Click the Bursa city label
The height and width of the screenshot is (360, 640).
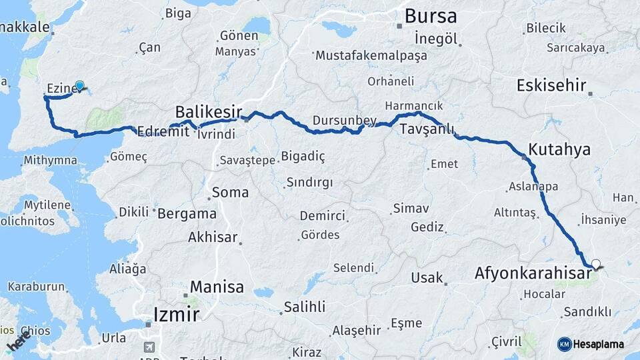pyautogui.click(x=431, y=15)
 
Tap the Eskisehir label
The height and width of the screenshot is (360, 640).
pyautogui.click(x=551, y=85)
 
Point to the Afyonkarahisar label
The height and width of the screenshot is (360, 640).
pyautogui.click(x=533, y=273)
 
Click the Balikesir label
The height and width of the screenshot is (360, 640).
pyautogui.click(x=208, y=111)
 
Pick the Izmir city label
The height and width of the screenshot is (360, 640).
pyautogui.click(x=176, y=313)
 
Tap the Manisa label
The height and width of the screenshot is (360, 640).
pyautogui.click(x=217, y=287)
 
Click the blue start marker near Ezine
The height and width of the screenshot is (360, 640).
pyautogui.click(x=80, y=86)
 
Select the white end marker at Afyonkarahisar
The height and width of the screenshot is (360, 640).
pyautogui.click(x=595, y=264)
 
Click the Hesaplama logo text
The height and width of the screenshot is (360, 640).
pyautogui.click(x=600, y=344)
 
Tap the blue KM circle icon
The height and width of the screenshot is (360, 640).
pyautogui.click(x=564, y=344)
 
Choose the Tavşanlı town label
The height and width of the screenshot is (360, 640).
pyautogui.click(x=427, y=130)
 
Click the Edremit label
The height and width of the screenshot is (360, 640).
pyautogui.click(x=163, y=132)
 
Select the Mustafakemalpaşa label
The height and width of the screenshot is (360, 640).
pyautogui.click(x=371, y=55)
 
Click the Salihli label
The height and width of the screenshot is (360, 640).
pyautogui.click(x=305, y=307)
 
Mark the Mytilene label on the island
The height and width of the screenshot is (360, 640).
pyautogui.click(x=47, y=205)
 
